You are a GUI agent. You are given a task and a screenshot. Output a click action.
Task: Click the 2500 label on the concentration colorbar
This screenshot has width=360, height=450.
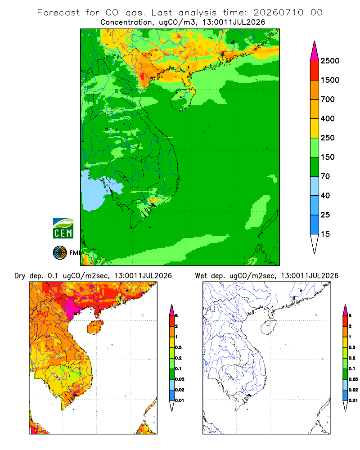coord(330,61)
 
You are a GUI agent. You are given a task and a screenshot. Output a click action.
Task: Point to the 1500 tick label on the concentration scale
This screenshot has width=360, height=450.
coord(330,80)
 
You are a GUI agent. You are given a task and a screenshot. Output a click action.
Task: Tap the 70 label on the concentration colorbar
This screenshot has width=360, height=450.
coord(325,176)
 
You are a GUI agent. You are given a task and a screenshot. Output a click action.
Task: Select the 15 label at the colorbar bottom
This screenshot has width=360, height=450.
coord(325,234)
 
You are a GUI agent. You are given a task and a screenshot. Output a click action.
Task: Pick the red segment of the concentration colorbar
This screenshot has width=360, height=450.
coord(315,71)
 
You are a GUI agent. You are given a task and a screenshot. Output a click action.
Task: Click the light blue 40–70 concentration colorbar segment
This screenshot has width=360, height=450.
coord(315,186)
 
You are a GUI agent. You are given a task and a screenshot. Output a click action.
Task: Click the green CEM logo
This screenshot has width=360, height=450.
coord(63,229)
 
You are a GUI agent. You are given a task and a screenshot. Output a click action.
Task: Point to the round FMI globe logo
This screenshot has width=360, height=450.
coord(60,253)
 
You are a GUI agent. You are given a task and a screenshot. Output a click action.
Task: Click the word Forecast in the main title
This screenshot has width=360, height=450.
coord(58,13)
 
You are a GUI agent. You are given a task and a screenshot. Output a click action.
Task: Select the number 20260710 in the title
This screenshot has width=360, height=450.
coord(279,13)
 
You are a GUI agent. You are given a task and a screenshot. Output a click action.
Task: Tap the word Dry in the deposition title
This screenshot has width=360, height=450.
coord(20,276)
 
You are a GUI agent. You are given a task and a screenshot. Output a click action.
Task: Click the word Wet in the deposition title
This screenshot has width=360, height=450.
coord(201,276)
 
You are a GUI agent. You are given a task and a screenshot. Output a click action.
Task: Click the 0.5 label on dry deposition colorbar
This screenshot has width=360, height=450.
coord(178,347)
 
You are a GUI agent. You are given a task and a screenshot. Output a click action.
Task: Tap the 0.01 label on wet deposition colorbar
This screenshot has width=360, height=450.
coord(353,400)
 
